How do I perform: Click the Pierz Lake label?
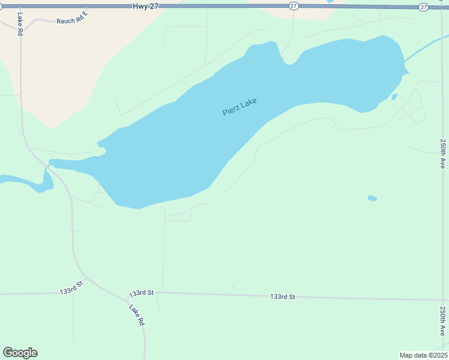240,107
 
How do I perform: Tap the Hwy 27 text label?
141,5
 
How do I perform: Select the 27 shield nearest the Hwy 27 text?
293,6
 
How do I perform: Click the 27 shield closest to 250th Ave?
424,7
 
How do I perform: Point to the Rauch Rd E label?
72,20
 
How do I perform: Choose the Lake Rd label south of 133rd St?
137,314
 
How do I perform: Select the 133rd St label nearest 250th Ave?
283,296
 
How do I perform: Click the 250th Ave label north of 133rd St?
442,154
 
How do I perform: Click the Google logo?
20,353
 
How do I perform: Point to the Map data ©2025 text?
423,355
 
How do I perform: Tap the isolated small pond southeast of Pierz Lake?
372,198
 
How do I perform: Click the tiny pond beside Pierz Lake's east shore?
394,96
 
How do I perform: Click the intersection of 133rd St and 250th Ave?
444,300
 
